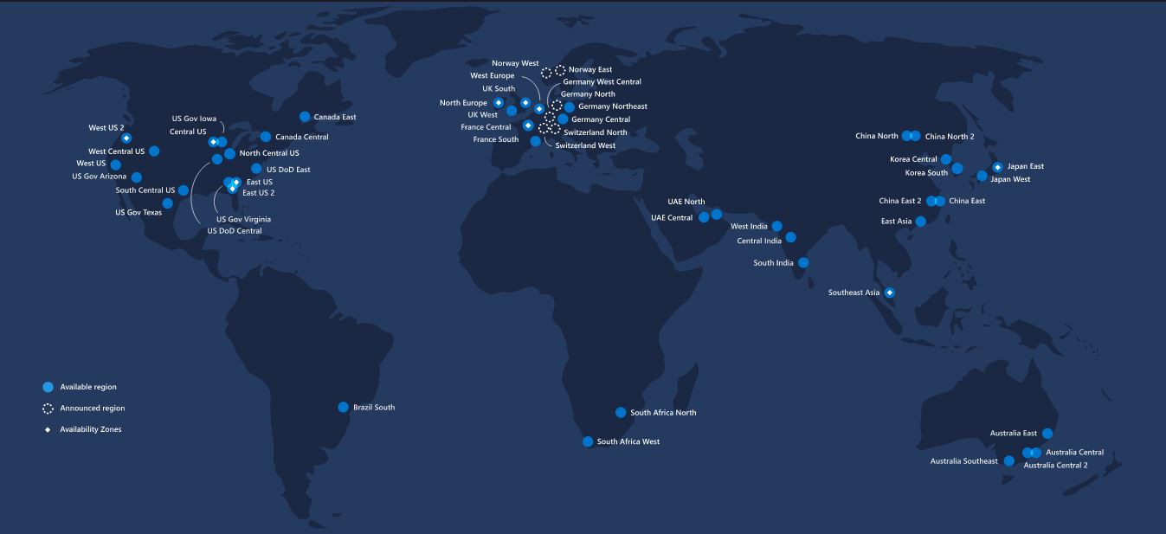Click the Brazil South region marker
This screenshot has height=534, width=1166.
tap(344, 407)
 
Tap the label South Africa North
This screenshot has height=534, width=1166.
tap(663, 413)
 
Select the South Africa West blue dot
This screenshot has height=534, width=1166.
tap(588, 441)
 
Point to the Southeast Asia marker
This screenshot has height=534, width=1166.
tap(889, 293)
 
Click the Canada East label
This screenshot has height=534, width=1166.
tap(334, 117)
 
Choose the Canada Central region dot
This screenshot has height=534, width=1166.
tap(266, 137)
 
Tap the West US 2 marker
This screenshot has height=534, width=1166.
tap(126, 138)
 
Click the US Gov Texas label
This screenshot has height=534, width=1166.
tap(139, 212)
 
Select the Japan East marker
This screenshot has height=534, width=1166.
tap(997, 167)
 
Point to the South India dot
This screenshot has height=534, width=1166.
tap(803, 262)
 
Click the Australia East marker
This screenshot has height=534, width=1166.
tap(1047, 434)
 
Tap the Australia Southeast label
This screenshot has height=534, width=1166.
tap(963, 461)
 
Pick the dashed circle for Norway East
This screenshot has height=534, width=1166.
tap(560, 70)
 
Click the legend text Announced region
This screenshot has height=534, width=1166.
tap(86, 409)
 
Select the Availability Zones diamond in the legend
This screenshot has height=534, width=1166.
tap(48, 429)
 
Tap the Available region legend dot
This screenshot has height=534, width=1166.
tap(48, 387)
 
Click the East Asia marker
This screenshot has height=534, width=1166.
tap(921, 222)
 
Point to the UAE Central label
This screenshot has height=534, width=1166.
tap(672, 218)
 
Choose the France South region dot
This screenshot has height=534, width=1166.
tap(535, 141)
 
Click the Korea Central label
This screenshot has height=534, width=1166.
tap(913, 159)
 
